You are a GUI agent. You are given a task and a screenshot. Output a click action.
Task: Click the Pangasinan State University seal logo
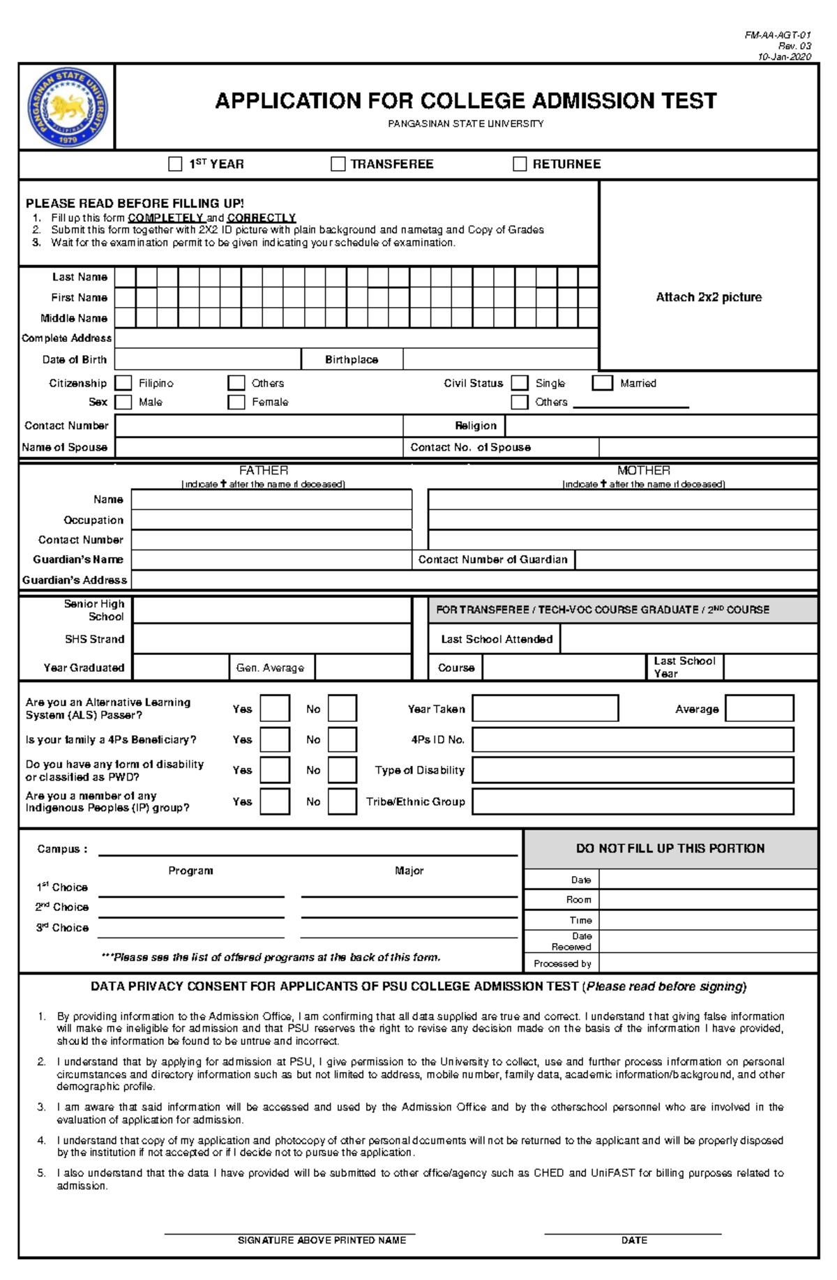click(x=68, y=106)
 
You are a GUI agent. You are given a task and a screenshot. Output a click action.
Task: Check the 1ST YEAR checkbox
click(x=175, y=164)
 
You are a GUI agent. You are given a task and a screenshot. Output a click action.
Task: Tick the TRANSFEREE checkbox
click(x=338, y=164)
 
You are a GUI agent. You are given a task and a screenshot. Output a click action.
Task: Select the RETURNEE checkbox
click(x=520, y=164)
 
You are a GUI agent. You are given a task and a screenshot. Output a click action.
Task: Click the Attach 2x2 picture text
click(x=708, y=297)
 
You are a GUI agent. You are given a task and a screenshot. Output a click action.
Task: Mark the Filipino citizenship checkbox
click(x=123, y=383)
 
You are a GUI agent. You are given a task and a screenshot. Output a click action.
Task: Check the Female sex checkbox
click(x=236, y=402)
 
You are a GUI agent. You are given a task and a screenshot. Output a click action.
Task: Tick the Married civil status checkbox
click(x=602, y=383)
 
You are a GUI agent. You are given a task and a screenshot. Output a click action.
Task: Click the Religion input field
click(x=660, y=426)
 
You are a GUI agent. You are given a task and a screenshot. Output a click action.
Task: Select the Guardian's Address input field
click(x=474, y=580)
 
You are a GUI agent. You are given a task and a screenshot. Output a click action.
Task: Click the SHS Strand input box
click(x=271, y=639)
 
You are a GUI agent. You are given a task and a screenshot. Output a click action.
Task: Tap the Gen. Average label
click(x=270, y=668)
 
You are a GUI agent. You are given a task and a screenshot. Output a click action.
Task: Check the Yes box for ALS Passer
click(x=275, y=709)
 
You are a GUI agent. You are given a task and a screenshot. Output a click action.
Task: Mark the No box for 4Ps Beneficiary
click(x=342, y=739)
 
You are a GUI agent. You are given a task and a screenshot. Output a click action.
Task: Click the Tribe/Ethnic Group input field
click(x=633, y=801)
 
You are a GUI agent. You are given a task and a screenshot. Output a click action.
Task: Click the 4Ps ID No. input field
click(x=633, y=739)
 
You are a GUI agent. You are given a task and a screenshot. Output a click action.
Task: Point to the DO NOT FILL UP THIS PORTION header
click(x=670, y=848)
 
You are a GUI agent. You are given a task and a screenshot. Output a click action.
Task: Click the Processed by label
click(x=562, y=963)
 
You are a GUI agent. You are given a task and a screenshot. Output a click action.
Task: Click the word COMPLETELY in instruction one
click(x=165, y=218)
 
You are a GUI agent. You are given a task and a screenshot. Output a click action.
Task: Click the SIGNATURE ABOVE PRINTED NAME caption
click(x=322, y=1240)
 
